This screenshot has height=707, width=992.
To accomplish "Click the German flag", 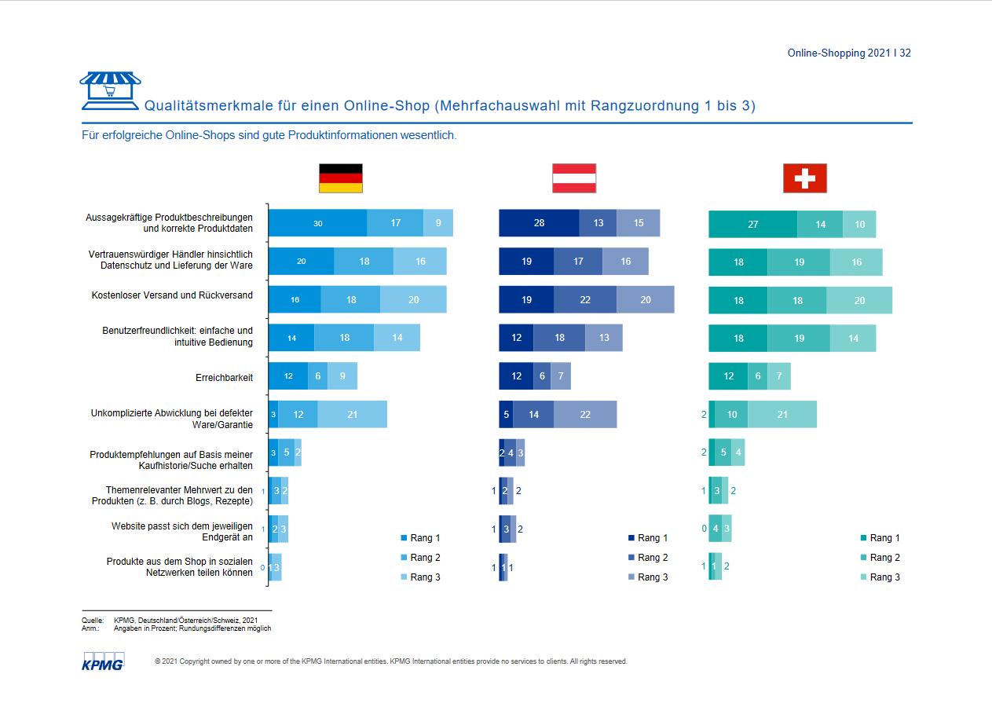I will tap(340, 178).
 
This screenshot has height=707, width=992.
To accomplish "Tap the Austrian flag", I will tap(573, 178).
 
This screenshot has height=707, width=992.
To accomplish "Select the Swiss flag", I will tap(804, 178).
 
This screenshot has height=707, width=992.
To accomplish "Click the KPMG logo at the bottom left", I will tap(102, 661).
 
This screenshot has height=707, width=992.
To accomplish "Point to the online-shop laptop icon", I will tap(110, 90).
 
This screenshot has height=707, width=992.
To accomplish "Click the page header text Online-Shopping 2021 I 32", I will tap(849, 53).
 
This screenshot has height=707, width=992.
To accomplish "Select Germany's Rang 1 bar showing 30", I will tap(317, 223).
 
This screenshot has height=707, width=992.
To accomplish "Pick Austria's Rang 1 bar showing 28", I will tap(539, 223).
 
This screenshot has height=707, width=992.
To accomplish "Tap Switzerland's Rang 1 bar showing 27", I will tap(752, 224).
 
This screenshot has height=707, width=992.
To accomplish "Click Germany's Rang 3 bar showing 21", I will tap(352, 414).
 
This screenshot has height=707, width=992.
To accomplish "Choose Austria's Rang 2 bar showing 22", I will tap(584, 299).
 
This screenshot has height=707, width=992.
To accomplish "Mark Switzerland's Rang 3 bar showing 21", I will tap(782, 414).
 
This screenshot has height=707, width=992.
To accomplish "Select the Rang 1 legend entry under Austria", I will tap(648, 538).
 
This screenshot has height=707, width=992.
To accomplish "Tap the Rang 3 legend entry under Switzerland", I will tap(880, 577).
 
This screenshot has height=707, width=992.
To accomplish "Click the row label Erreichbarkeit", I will tap(224, 378).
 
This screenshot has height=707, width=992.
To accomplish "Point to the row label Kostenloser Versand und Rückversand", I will tap(172, 295).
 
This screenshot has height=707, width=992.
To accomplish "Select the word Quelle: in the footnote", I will tap(93, 621).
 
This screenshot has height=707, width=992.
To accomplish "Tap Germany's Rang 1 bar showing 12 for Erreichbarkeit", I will tap(288, 376).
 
